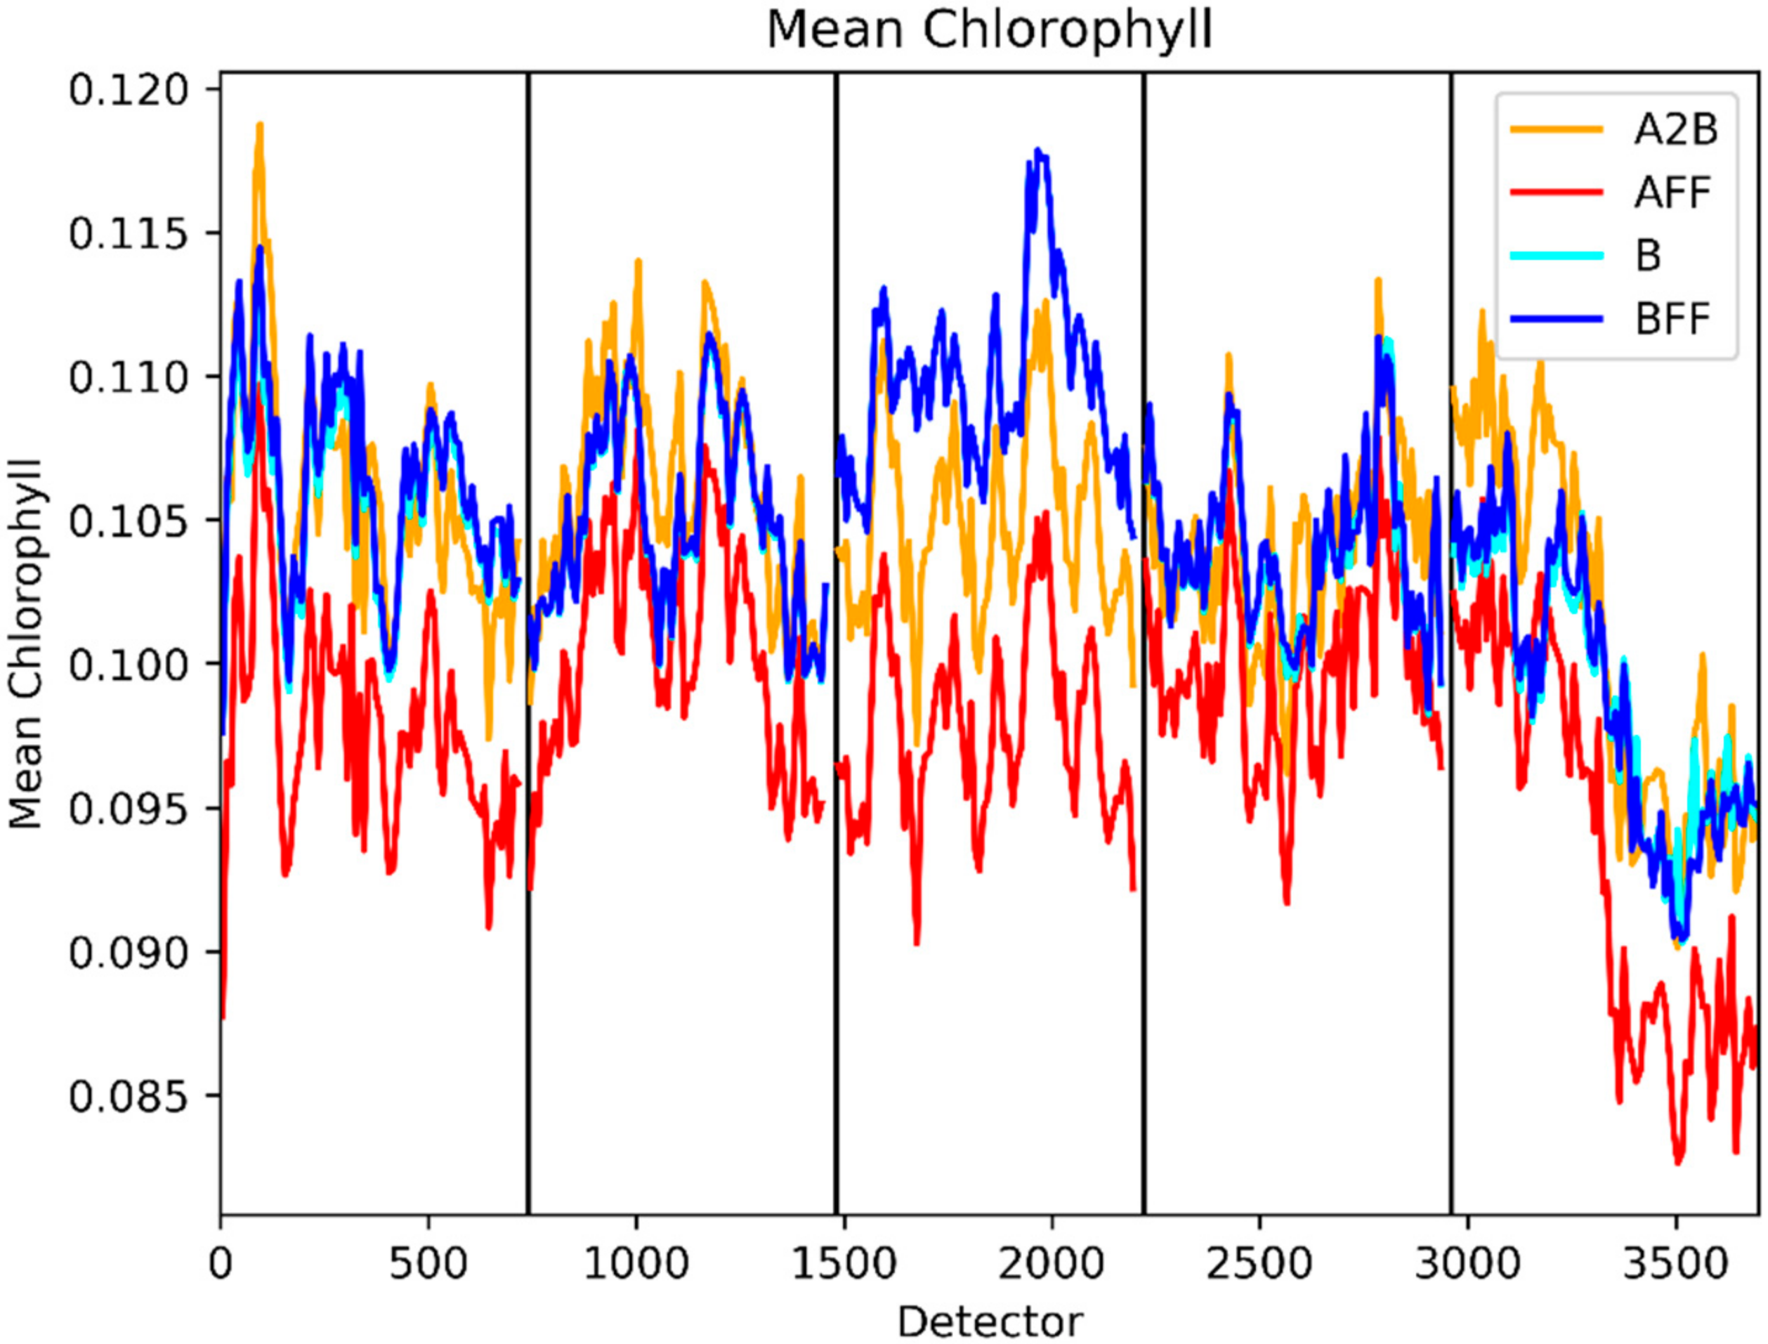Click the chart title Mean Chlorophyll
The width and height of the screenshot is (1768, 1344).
(x=989, y=30)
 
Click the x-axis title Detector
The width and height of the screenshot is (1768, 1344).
(x=990, y=1321)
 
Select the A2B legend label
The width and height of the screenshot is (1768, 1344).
(x=1675, y=129)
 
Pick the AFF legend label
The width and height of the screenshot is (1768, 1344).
(x=1672, y=192)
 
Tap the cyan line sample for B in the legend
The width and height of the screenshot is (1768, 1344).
(x=1557, y=255)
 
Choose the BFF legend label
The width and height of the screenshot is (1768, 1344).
(x=1672, y=319)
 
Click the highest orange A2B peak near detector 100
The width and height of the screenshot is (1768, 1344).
(x=260, y=125)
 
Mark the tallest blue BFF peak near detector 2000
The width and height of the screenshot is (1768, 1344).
(x=1038, y=150)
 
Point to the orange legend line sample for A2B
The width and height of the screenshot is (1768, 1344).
(x=1557, y=129)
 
